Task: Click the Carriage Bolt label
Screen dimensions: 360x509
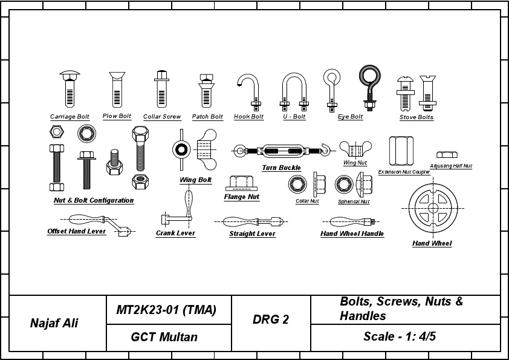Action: pos(70,117)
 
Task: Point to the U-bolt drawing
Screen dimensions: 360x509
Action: pos(294,91)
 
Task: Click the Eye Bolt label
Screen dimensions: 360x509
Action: pos(350,117)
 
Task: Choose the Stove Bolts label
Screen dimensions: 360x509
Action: pos(417,117)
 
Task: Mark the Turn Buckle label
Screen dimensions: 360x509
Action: pos(281,168)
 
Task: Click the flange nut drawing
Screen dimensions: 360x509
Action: pos(242,183)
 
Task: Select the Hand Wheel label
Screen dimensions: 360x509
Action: pos(432,244)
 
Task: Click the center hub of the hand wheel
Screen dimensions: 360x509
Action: pos(433,208)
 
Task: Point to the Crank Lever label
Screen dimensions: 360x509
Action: pos(175,234)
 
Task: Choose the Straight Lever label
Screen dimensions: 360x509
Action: pos(252,234)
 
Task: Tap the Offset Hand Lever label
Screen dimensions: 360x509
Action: pos(77,232)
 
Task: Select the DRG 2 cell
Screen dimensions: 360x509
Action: pos(270,320)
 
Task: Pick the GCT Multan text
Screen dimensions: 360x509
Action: pos(164,337)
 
